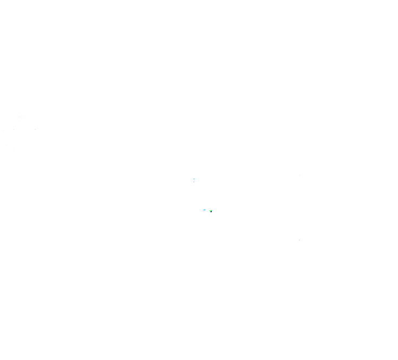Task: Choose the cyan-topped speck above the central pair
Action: click(194, 180)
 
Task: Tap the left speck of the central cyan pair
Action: click(204, 211)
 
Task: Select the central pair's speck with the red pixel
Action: click(210, 211)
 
